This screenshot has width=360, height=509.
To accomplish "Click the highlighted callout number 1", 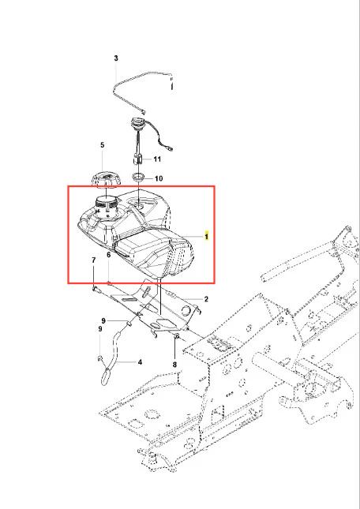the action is pyautogui.click(x=207, y=236).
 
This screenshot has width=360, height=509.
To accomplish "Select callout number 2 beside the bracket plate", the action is pyautogui.click(x=206, y=298).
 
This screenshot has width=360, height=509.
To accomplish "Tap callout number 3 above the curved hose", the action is pyautogui.click(x=116, y=58).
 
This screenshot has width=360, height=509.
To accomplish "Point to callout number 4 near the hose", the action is pyautogui.click(x=140, y=361).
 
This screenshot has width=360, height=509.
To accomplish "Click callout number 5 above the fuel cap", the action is pyautogui.click(x=103, y=144).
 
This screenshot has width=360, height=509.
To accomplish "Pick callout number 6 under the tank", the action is pyautogui.click(x=109, y=255).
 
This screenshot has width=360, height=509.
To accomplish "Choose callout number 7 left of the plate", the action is pyautogui.click(x=94, y=260).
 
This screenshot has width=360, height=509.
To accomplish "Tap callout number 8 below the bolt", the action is pyautogui.click(x=174, y=365).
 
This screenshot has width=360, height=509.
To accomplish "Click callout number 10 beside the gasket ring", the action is pyautogui.click(x=159, y=178).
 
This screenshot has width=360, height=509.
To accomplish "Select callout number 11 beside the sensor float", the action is pyautogui.click(x=157, y=159).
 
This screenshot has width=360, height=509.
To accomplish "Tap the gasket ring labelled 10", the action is pyautogui.click(x=139, y=178).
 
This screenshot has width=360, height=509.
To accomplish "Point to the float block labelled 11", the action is pyautogui.click(x=138, y=160).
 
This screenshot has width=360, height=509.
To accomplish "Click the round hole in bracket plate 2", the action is pyautogui.click(x=186, y=311).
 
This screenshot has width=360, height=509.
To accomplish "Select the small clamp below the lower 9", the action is pyautogui.click(x=100, y=358).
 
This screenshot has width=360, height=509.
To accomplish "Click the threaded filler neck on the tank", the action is pyautogui.click(x=107, y=205).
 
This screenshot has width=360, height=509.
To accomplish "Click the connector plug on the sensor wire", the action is pyautogui.click(x=170, y=149).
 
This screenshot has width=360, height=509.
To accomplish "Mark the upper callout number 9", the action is pyautogui.click(x=103, y=320).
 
